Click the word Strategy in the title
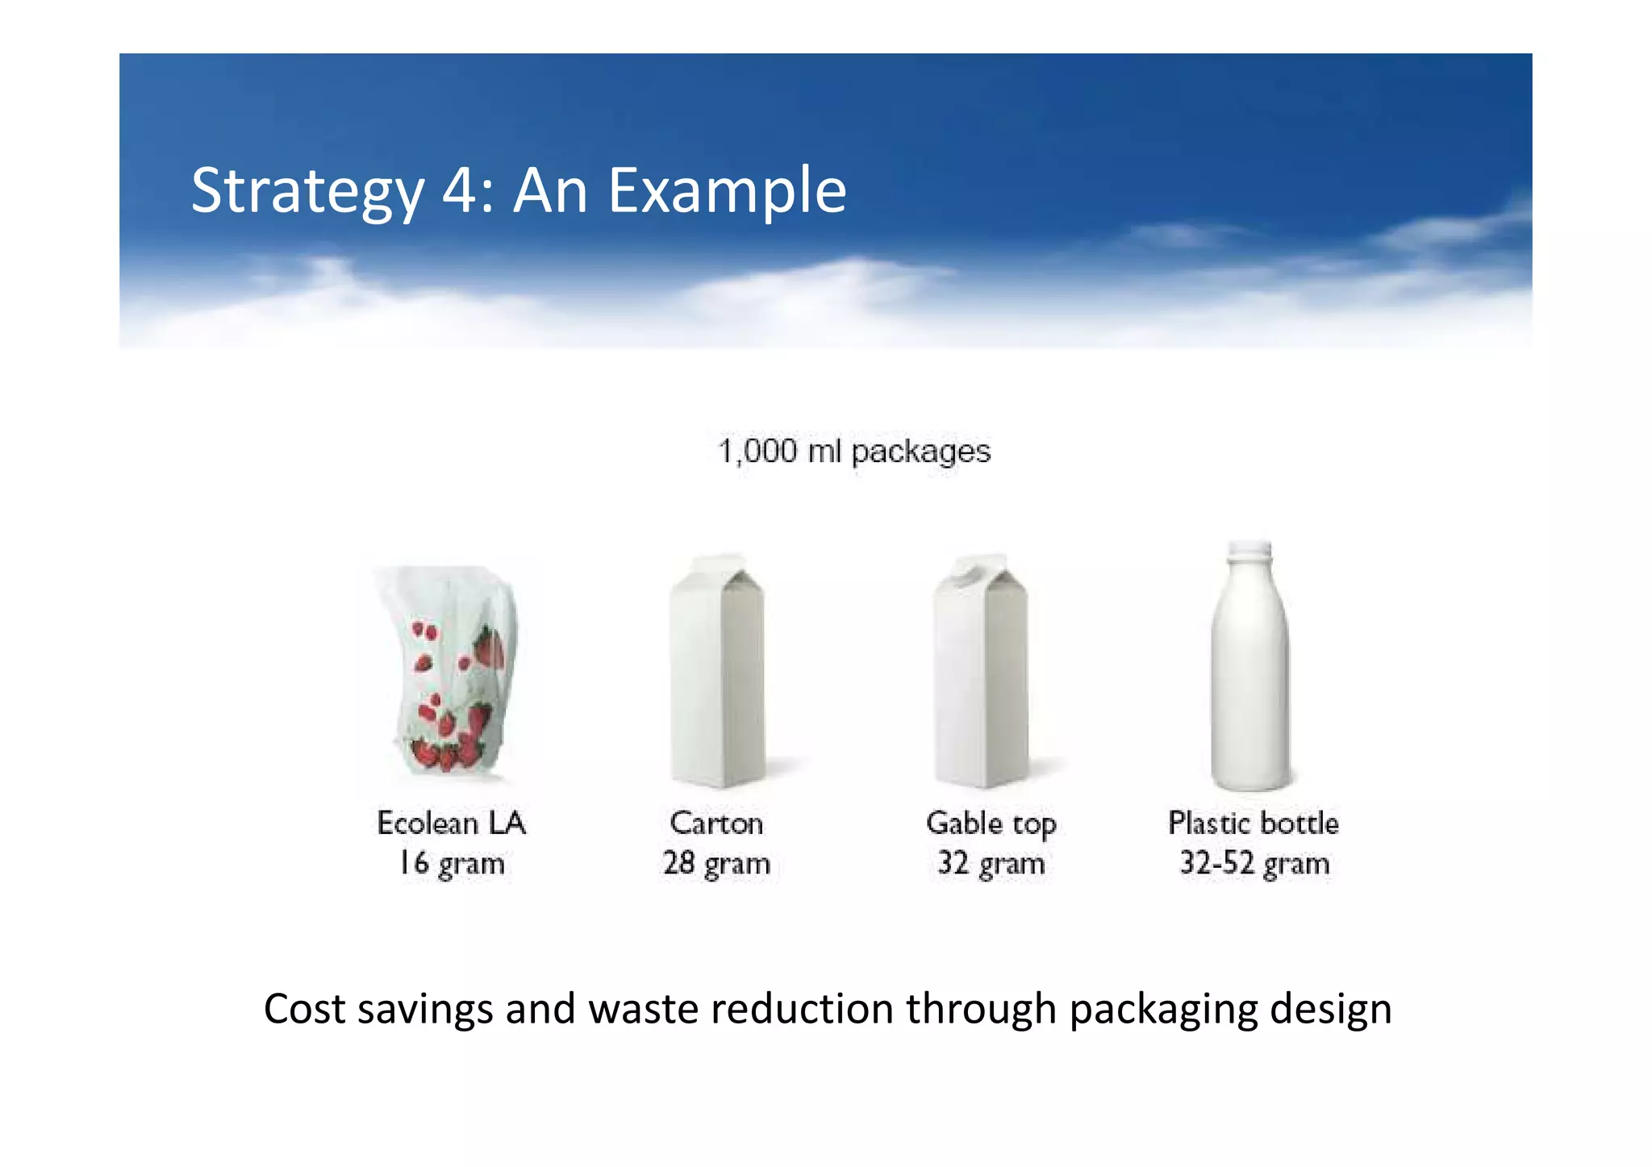(x=307, y=191)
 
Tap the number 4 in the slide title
(x=461, y=191)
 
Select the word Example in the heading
(x=727, y=191)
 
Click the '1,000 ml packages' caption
(x=854, y=451)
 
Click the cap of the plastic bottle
(x=1249, y=550)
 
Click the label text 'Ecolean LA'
(x=452, y=823)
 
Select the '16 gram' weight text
(x=452, y=863)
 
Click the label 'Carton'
(x=716, y=823)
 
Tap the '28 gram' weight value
(x=716, y=863)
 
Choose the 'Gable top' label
(x=991, y=823)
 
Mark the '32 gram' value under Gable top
(x=991, y=863)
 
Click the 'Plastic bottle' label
(x=1254, y=823)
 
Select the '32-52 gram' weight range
(x=1254, y=863)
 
